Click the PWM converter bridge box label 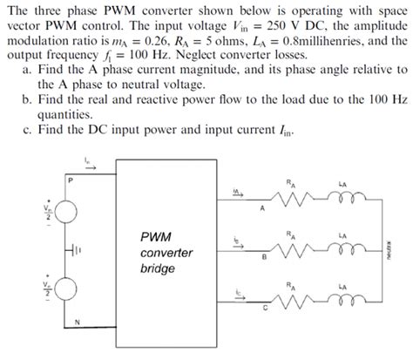[x=166, y=252]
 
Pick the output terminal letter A [x=259, y=207]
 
